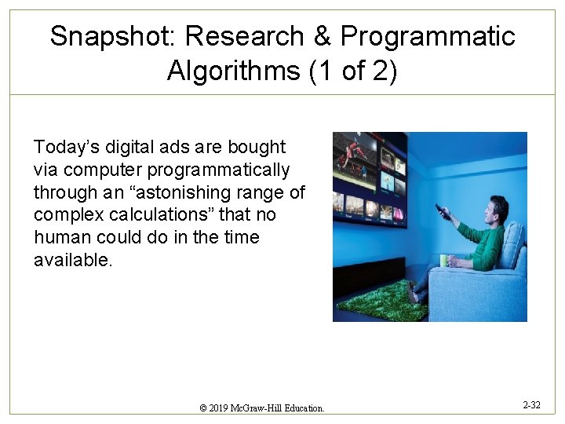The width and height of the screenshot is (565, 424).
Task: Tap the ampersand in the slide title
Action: click(x=320, y=36)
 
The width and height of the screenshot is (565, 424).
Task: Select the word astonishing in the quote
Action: click(x=221, y=192)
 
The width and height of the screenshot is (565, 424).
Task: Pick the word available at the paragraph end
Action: click(x=72, y=260)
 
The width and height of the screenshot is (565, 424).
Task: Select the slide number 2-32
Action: click(x=531, y=405)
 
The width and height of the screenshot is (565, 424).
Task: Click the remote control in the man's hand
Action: click(x=443, y=211)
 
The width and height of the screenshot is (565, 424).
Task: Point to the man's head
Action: click(x=494, y=212)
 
